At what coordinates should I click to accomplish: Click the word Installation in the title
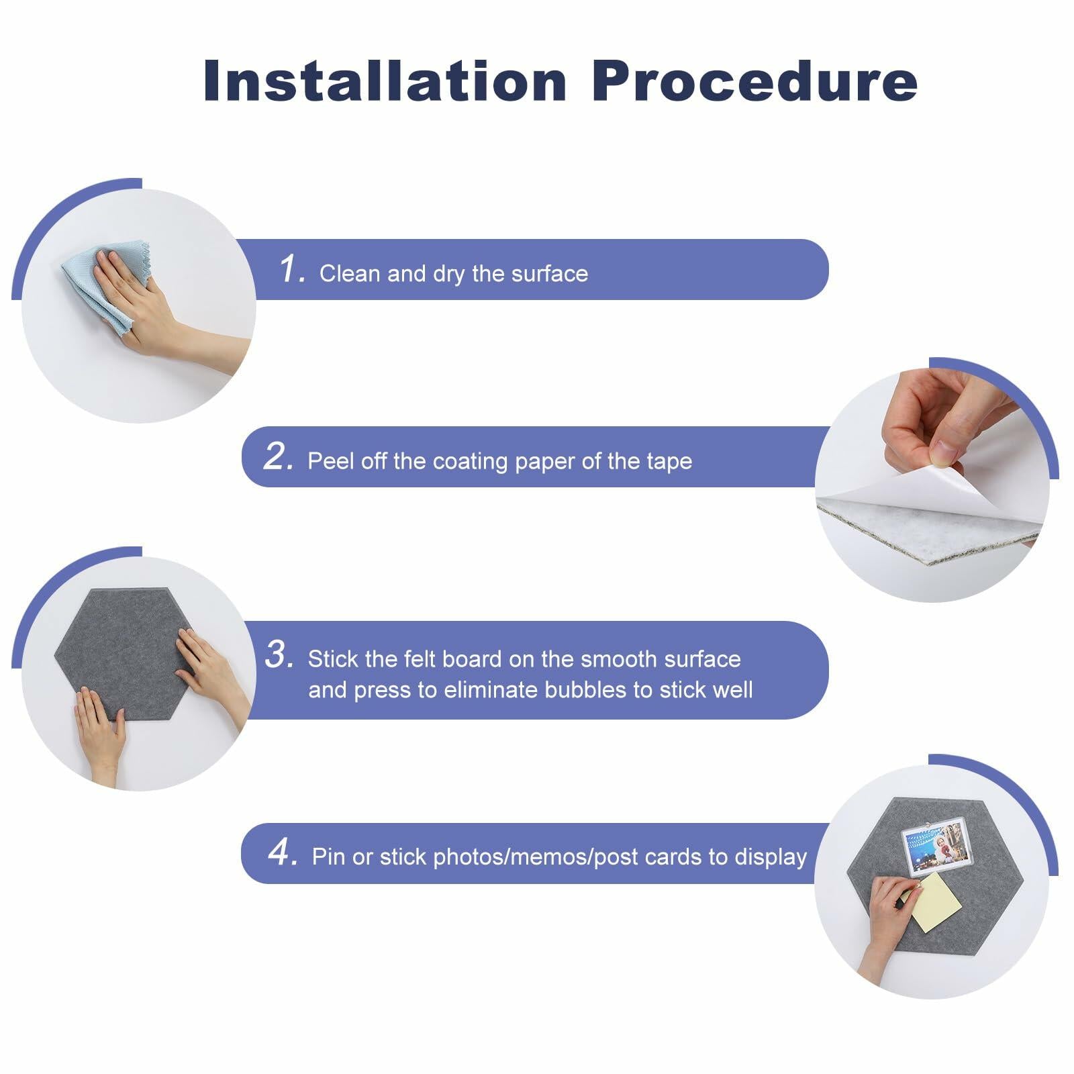[385, 81]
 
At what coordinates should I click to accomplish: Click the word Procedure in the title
[754, 81]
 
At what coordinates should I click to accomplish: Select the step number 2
[278, 456]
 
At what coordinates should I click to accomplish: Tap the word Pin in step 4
[328, 857]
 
